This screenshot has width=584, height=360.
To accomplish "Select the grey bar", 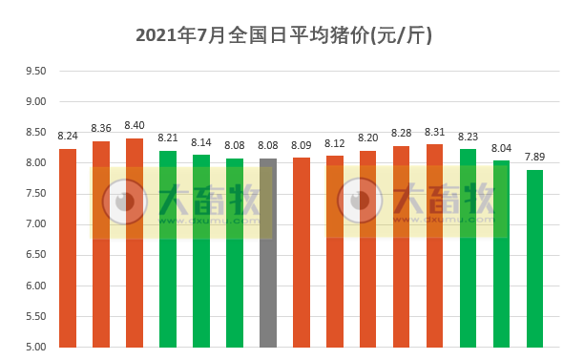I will pyautogui.click(x=268, y=253).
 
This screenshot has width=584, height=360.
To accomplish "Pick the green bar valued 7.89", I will pyautogui.click(x=534, y=258).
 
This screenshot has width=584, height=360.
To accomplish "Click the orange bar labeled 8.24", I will pyautogui.click(x=68, y=247).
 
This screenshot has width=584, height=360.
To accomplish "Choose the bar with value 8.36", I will pyautogui.click(x=101, y=244).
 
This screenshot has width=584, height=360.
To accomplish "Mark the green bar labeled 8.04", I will pyautogui.click(x=501, y=253).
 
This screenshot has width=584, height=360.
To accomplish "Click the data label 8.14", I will pyautogui.click(x=201, y=142).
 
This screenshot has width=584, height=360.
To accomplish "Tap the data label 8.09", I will pyautogui.click(x=302, y=145).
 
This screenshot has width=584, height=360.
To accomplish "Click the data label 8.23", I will pyautogui.click(x=468, y=137).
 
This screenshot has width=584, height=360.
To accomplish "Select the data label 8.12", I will pyautogui.click(x=335, y=143).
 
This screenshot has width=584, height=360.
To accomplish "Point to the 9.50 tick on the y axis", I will pyautogui.click(x=35, y=71).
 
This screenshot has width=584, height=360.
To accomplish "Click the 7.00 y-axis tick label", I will pyautogui.click(x=35, y=224).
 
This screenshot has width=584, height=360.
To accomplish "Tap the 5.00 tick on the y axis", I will pyautogui.click(x=35, y=347).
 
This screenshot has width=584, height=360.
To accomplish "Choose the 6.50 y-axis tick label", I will pyautogui.click(x=35, y=255).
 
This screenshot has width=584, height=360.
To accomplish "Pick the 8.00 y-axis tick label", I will pyautogui.click(x=35, y=163).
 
